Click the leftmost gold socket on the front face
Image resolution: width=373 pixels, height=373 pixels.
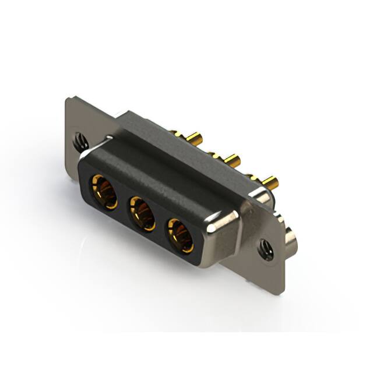[x=103, y=190]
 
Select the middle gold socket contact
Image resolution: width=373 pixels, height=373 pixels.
[x=142, y=212]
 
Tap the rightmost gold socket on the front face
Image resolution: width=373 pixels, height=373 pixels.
[x=181, y=233]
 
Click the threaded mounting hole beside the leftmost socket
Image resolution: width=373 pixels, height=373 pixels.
[x=80, y=140]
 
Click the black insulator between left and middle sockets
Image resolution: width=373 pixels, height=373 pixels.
[x=122, y=200]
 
